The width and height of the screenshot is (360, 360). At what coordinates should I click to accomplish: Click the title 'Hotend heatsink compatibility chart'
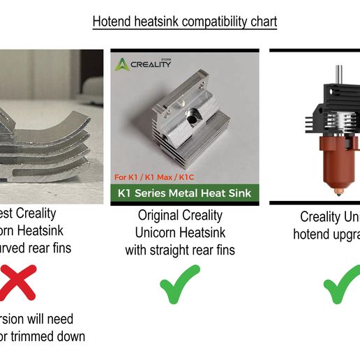(185, 22)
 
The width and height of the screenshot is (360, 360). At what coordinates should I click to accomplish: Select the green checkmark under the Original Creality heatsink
(179, 286)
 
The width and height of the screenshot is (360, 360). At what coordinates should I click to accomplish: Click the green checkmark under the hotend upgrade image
(342, 286)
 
